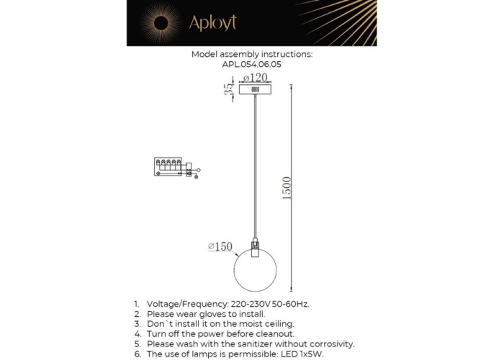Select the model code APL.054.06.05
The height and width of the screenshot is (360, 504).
pos(251,64)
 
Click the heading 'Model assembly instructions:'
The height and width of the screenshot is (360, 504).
pos(251,55)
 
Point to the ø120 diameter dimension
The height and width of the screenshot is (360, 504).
pos(254,77)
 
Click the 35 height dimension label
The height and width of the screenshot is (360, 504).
pos(228,90)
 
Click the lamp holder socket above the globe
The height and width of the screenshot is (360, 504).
pos(255,246)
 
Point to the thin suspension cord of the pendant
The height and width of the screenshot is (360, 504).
pos(255,166)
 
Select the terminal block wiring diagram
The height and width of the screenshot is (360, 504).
pos(173,167)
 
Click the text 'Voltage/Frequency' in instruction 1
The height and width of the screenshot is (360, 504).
pos(184,304)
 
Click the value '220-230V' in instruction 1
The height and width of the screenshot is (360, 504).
pos(250,304)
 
